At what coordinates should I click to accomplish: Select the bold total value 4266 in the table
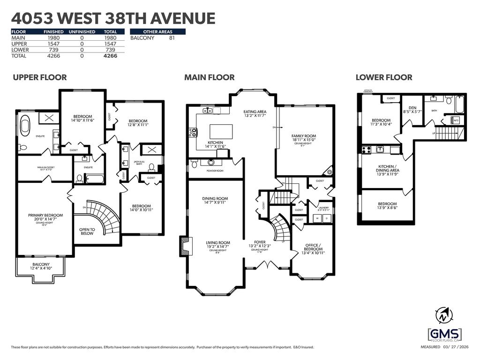pos(110,56)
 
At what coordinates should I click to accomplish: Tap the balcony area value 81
pos(172,38)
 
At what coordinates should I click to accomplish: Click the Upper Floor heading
pos(40,77)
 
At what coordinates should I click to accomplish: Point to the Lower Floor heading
pos(384,77)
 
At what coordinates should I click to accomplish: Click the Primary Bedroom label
pos(45,217)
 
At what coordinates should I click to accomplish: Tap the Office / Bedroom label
pos(313,247)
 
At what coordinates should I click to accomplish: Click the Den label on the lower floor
pos(412,110)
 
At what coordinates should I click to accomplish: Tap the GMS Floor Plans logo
pos(444,335)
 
